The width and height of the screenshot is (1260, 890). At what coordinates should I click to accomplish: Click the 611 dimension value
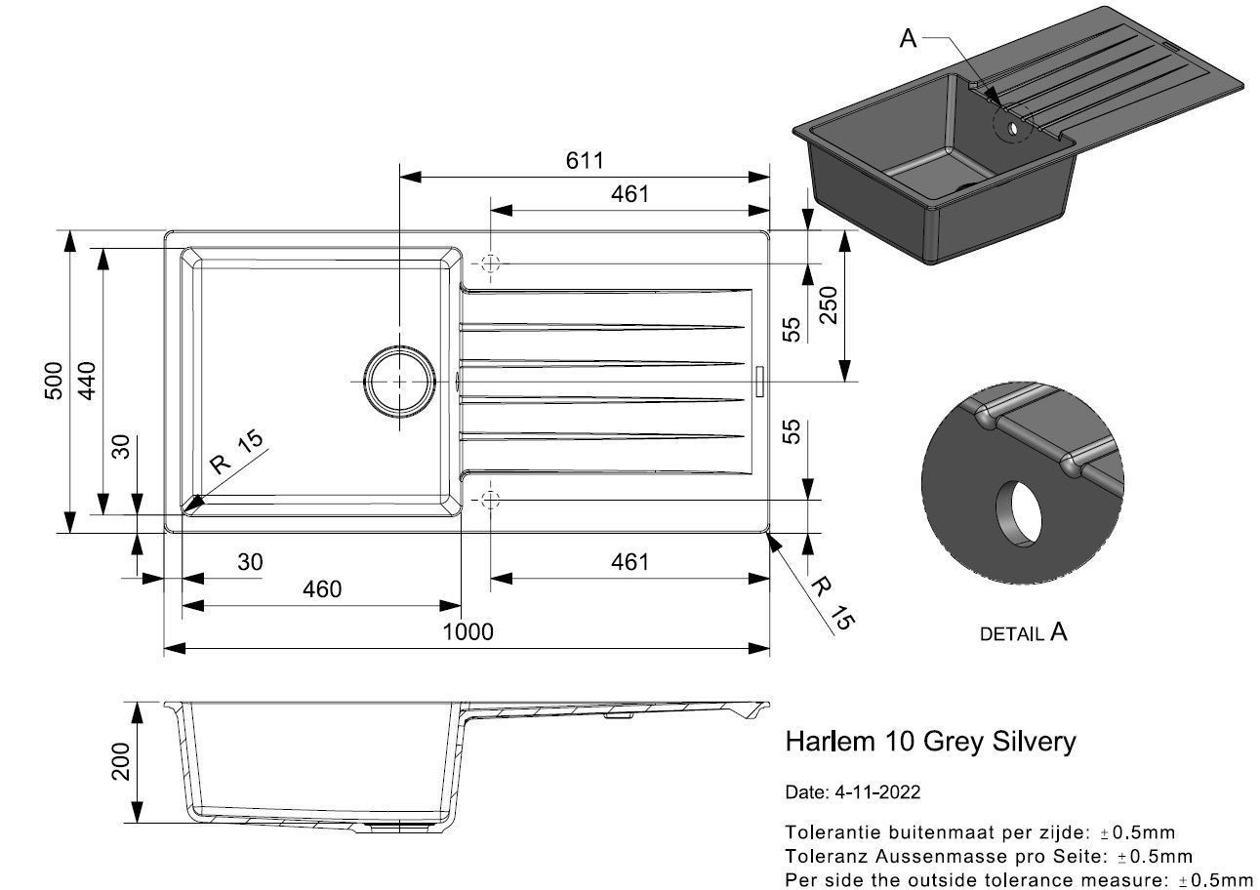(x=585, y=161)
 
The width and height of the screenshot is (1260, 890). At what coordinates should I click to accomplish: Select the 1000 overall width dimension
(x=468, y=631)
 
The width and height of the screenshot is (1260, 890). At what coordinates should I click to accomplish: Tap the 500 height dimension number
(x=54, y=381)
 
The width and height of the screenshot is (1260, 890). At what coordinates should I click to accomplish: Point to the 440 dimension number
(x=87, y=381)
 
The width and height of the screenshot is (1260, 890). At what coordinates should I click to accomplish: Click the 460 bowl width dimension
(x=322, y=589)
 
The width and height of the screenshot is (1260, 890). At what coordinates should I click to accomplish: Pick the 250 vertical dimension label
(x=829, y=305)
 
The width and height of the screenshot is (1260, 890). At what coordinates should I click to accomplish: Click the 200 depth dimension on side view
(x=120, y=762)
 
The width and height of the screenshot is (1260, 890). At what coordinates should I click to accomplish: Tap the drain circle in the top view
(x=399, y=382)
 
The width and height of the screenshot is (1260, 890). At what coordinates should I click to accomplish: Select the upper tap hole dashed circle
(x=491, y=263)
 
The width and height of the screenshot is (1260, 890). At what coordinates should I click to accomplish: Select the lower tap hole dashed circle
(x=491, y=499)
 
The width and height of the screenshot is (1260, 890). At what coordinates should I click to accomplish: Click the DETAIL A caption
(x=1023, y=633)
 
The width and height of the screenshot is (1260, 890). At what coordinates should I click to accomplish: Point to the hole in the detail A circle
(x=1018, y=513)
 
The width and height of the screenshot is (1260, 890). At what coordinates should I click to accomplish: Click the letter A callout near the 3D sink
(x=908, y=38)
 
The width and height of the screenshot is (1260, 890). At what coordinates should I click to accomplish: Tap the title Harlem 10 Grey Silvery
(x=930, y=742)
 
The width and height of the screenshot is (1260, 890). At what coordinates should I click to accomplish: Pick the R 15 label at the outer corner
(x=833, y=602)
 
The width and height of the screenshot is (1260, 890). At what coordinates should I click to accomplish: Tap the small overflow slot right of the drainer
(x=759, y=382)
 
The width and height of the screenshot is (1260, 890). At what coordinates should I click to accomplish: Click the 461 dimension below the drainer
(x=630, y=561)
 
